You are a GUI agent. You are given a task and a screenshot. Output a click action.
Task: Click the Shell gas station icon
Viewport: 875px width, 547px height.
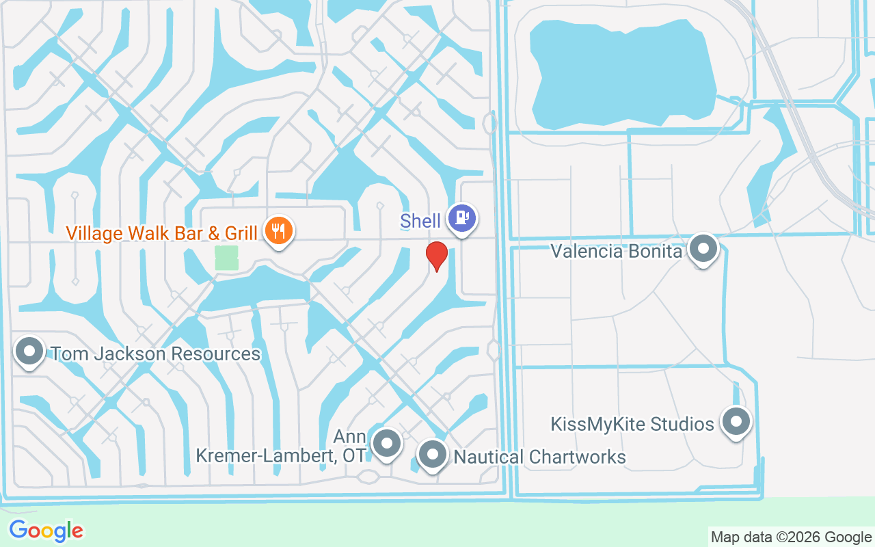coord(462,219)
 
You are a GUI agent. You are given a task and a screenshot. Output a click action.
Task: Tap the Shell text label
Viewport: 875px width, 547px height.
coord(420,221)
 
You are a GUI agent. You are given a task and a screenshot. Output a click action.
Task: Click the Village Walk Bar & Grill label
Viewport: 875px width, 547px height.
coord(162,233)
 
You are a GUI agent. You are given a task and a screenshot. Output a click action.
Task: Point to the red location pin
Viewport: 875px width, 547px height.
coord(437,256)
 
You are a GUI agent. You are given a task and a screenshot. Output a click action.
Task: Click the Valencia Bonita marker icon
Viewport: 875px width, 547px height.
coord(703,249)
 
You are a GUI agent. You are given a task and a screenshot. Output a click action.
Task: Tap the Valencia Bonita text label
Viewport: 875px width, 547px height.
coord(617,251)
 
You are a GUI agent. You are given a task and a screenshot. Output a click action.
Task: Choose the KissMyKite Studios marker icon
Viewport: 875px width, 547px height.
coord(736,422)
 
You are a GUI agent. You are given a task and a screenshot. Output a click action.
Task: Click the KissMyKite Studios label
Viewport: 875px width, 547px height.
coord(632,424)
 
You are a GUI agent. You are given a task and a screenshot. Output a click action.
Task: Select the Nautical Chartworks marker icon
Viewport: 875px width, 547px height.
coord(432,454)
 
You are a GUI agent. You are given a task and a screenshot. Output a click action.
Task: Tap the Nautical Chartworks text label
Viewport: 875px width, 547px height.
coord(539,457)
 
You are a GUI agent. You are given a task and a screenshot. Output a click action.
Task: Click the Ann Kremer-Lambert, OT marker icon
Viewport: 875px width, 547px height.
coord(387,444)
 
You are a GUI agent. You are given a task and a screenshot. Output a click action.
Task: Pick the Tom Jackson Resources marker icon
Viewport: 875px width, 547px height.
coord(29,351)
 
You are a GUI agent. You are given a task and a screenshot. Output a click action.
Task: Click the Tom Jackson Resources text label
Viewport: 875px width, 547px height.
coord(156,354)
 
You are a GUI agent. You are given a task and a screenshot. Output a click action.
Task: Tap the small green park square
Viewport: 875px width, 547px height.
coord(226,258)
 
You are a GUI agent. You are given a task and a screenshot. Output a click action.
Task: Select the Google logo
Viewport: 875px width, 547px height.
coord(46,531)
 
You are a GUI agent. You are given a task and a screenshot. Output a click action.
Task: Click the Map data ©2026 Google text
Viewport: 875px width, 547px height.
coord(791,537)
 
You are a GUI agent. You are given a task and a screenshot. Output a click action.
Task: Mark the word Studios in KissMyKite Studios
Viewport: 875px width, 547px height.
coord(686,424)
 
